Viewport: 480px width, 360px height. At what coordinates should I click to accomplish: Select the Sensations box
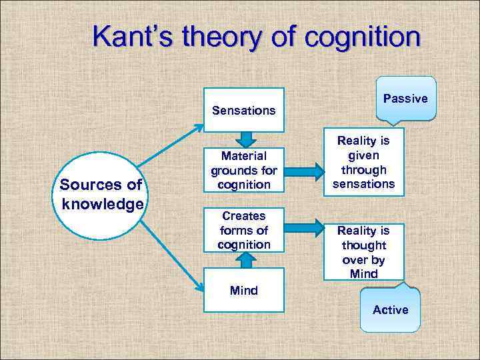tap(243, 110)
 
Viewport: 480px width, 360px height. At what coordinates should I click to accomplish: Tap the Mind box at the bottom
tap(243, 291)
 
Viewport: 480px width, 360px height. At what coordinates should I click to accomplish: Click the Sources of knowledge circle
tap(102, 194)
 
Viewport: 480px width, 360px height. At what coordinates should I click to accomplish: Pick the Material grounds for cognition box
tap(243, 170)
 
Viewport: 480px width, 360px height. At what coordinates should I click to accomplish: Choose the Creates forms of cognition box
tap(243, 230)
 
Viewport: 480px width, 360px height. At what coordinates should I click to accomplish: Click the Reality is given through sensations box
tap(363, 162)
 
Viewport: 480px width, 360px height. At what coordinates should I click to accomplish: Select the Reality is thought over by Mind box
tap(363, 251)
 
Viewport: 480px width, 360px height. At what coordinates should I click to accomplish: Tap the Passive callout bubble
tap(405, 99)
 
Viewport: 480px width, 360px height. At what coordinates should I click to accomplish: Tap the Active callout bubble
tap(390, 309)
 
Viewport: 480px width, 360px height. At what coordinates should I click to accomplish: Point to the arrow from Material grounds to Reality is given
tap(305, 170)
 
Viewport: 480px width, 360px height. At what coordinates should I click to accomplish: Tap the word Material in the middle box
tap(243, 156)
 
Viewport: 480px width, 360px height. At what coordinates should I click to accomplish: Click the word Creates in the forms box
tap(243, 216)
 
